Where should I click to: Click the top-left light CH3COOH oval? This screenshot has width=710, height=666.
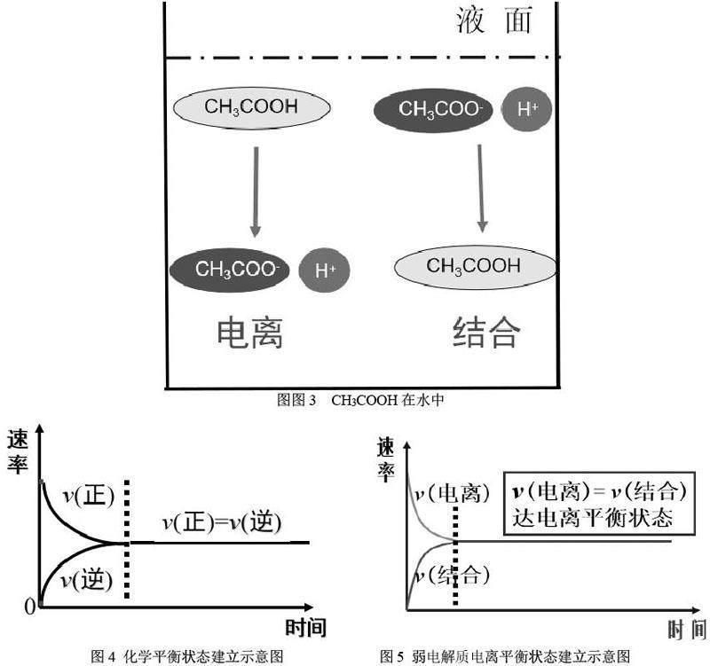click(x=251, y=109)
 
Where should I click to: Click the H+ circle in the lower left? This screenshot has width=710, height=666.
click(x=326, y=270)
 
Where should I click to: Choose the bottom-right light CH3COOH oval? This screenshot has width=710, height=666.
click(x=474, y=266)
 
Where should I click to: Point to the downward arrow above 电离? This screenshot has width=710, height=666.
click(x=256, y=191)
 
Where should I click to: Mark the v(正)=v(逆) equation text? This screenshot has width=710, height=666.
click(x=222, y=523)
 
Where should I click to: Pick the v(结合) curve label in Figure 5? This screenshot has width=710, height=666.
click(x=455, y=575)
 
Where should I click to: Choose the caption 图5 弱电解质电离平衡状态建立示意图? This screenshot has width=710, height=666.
click(x=506, y=656)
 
